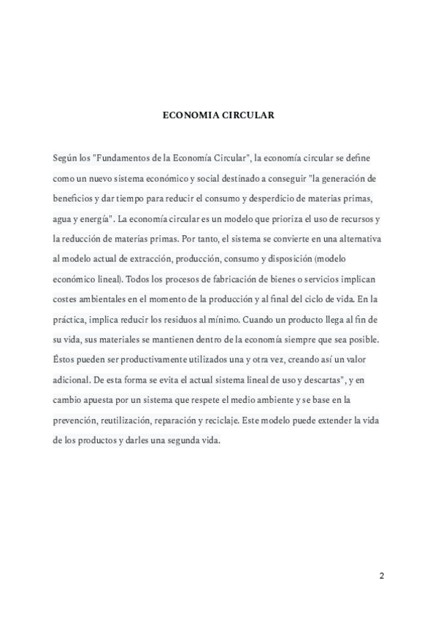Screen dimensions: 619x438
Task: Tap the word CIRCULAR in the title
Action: point(247,115)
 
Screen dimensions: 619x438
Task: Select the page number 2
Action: point(381,575)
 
